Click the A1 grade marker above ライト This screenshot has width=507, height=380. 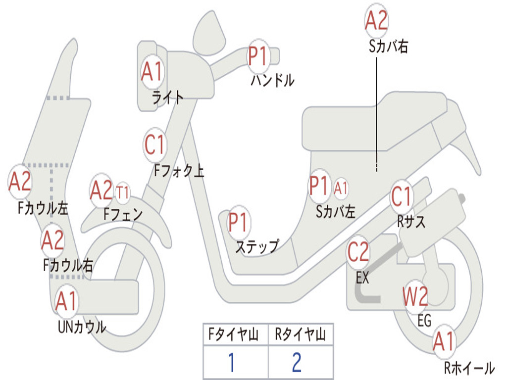[152, 72]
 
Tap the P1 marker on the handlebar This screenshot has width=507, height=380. [257, 55]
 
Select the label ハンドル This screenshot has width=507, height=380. [272, 80]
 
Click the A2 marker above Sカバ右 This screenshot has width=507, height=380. [376, 21]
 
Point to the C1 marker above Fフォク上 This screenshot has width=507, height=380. [154, 144]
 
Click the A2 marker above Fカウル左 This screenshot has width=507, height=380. [20, 182]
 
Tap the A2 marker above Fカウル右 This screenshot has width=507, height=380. [52, 240]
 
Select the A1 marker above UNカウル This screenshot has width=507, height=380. [66, 300]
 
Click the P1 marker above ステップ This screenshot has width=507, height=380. [239, 222]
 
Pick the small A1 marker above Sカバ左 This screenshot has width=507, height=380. [341, 188]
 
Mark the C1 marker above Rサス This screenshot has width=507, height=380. [402, 197]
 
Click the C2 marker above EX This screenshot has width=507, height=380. [358, 252]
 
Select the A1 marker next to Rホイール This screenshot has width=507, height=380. [443, 342]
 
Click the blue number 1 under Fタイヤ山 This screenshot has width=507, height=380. [231, 363]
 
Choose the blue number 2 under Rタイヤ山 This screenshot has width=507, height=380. [297, 363]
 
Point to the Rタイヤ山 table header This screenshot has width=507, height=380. [300, 336]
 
